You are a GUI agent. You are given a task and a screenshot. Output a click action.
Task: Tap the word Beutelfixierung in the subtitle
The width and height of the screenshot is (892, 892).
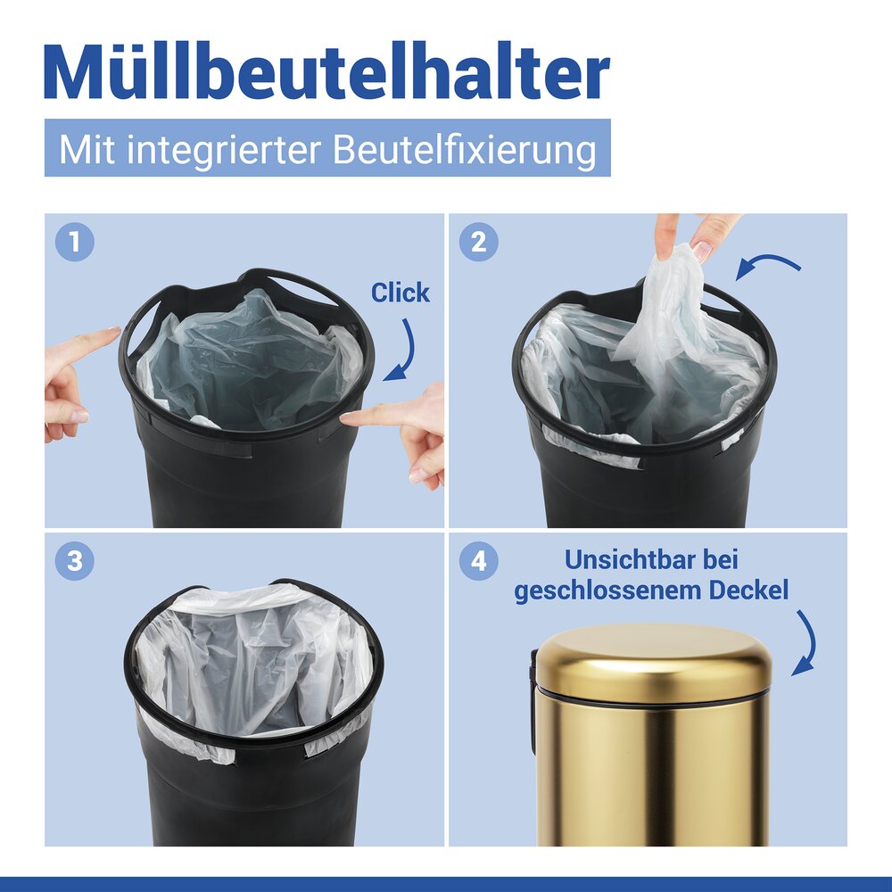pyautogui.click(x=464, y=149)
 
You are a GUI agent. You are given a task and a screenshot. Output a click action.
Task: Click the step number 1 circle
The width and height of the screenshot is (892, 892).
pyautogui.click(x=74, y=242)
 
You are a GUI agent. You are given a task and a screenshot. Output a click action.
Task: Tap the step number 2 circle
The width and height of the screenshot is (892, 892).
pyautogui.click(x=478, y=242)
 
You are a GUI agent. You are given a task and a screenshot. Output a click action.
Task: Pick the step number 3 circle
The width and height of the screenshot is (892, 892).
pyautogui.click(x=74, y=561)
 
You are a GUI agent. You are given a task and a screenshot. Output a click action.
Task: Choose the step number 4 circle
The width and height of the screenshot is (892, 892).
pyautogui.click(x=478, y=561)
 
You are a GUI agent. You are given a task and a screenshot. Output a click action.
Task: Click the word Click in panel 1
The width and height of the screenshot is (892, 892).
pyautogui.click(x=400, y=293)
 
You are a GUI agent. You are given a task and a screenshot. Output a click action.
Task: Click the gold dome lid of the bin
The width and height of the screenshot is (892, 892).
pyautogui.click(x=654, y=660)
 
